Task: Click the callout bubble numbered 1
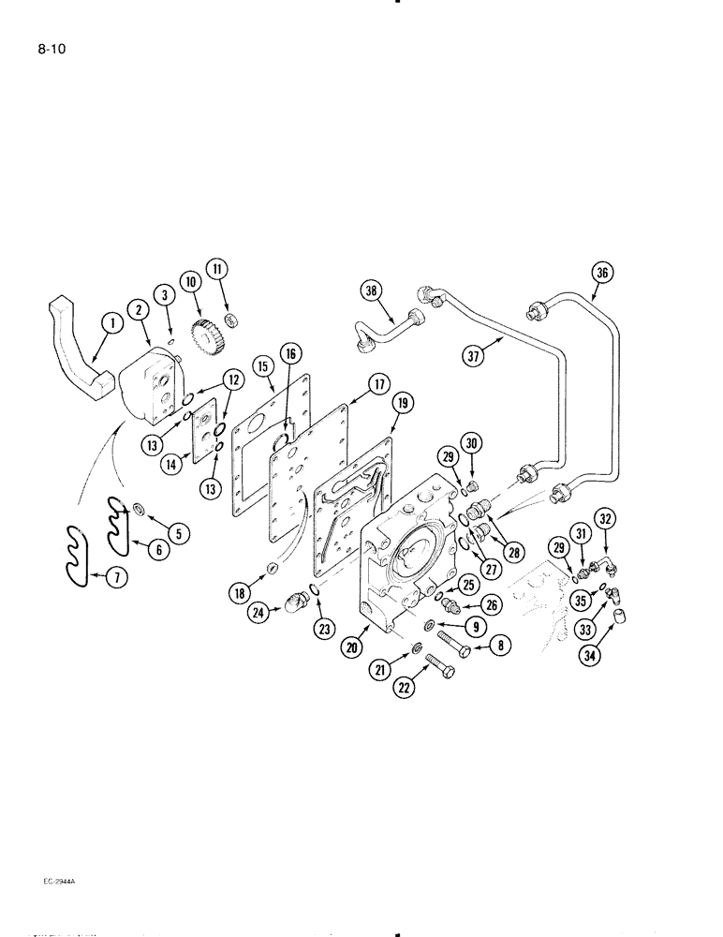pyautogui.click(x=111, y=324)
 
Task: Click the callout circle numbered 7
pyautogui.click(x=116, y=578)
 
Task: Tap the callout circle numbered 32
pyautogui.click(x=605, y=518)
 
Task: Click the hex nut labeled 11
pyautogui.click(x=237, y=321)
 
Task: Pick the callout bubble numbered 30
pyautogui.click(x=472, y=442)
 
